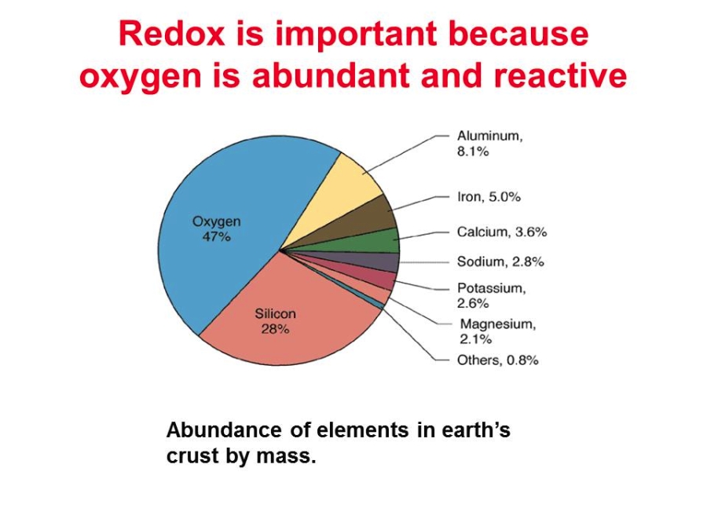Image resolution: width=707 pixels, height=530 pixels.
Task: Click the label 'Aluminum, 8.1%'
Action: [490, 144]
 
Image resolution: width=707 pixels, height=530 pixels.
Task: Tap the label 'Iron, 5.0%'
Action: [489, 197]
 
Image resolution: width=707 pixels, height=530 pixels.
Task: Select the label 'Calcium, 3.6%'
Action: [502, 232]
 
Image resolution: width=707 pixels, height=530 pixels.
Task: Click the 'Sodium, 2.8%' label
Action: [500, 261]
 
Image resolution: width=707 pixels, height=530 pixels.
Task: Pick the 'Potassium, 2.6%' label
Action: [492, 296]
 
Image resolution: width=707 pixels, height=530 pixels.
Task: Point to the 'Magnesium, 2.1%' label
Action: [498, 331]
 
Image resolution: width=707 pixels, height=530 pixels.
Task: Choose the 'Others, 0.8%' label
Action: [498, 360]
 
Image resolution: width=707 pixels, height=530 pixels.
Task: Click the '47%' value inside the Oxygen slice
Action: [217, 236]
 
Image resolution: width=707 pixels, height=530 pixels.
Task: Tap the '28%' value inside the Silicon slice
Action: [275, 329]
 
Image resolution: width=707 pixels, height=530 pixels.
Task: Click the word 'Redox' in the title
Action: [172, 35]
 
